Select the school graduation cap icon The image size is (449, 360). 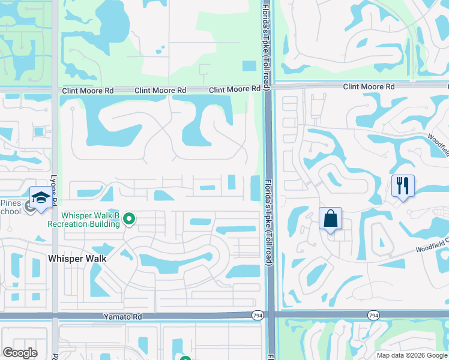(x=40, y=198)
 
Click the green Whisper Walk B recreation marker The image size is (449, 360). (x=129, y=220)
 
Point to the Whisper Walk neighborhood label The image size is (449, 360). (x=77, y=258)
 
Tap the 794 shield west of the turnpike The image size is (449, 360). (x=256, y=315)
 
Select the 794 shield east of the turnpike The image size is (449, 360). (x=373, y=315)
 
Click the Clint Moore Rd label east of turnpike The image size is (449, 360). (x=369, y=86)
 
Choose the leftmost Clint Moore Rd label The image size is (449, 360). (x=88, y=91)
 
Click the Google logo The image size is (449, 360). (x=20, y=353)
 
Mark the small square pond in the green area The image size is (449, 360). (x=248, y=66)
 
